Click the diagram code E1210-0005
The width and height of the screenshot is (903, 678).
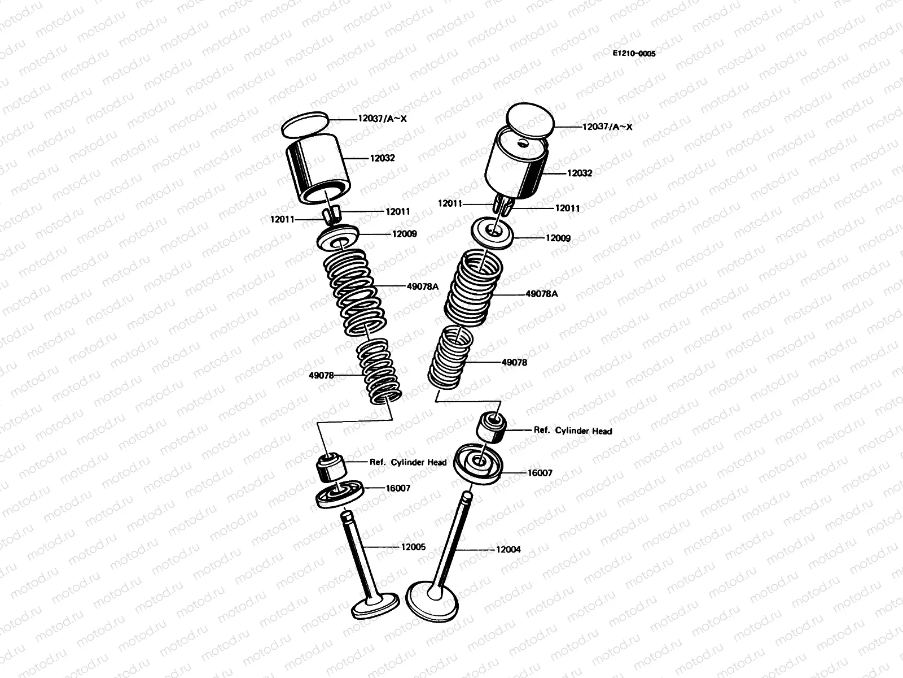tap(634, 54)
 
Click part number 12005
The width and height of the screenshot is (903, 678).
tap(413, 547)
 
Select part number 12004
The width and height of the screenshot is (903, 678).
tap(509, 549)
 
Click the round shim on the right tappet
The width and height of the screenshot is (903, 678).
tap(531, 119)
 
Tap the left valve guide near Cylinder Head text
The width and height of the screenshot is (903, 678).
tap(330, 467)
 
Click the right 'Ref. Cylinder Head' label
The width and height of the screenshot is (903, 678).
tap(573, 431)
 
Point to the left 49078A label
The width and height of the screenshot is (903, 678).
tap(422, 286)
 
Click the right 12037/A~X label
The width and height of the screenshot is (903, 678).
tap(607, 127)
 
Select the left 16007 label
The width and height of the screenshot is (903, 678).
tap(398, 488)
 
